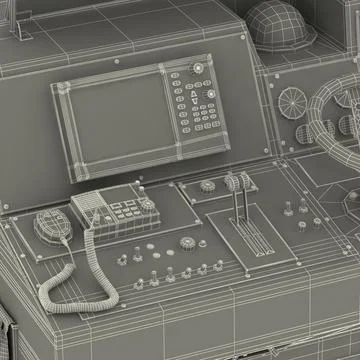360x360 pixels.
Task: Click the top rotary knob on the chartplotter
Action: [198, 69]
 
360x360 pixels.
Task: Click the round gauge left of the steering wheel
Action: [291, 102]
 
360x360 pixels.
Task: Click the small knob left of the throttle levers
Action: [207, 185]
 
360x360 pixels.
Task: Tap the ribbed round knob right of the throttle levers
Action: [316, 222]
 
